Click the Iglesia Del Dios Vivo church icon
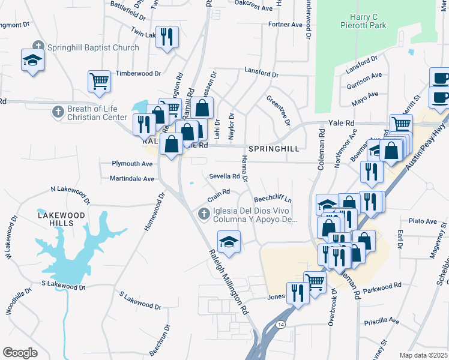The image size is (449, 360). point(204,214)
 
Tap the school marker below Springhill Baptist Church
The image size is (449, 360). point(32,60)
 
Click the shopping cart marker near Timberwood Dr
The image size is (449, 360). point(99,80)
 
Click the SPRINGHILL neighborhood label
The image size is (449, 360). point(273,148)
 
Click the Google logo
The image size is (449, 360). point(20,352)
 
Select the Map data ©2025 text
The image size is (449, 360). point(423,356)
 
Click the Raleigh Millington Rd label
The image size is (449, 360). point(229,283)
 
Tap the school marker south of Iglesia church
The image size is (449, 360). point(229,241)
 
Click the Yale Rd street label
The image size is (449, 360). point(342,123)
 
